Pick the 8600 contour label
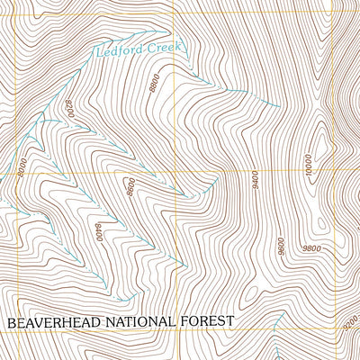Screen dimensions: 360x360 click(x=132, y=188)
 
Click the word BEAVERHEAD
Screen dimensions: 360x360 click(x=51, y=321)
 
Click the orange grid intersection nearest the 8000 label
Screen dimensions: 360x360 click(x=20, y=173)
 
